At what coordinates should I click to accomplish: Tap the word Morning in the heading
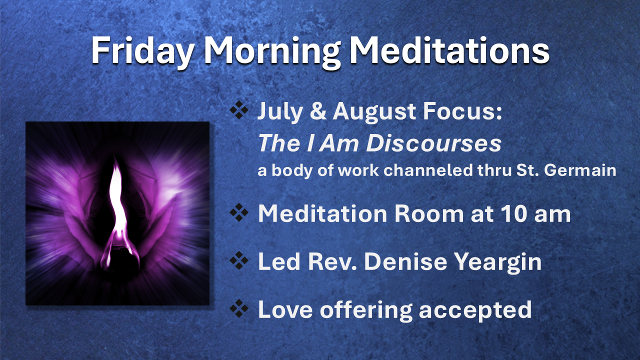pyautogui.click(x=272, y=51)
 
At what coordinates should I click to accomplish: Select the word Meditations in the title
pyautogui.click(x=449, y=49)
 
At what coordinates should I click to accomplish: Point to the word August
pyautogui.click(x=374, y=112)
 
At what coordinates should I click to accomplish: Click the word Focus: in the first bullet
pyautogui.click(x=462, y=111)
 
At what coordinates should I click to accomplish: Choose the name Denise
pyautogui.click(x=405, y=261)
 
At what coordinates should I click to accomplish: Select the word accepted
pyautogui.click(x=475, y=311)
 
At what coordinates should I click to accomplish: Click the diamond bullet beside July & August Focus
pyautogui.click(x=239, y=110)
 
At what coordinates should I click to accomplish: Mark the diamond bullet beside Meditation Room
pyautogui.click(x=239, y=213)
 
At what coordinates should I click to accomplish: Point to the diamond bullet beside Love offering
pyautogui.click(x=239, y=308)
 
